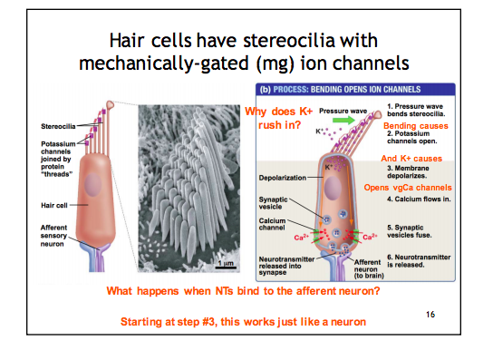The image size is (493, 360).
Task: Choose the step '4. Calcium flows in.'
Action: [x=418, y=199]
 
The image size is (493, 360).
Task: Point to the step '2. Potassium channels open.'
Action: [x=418, y=140]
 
